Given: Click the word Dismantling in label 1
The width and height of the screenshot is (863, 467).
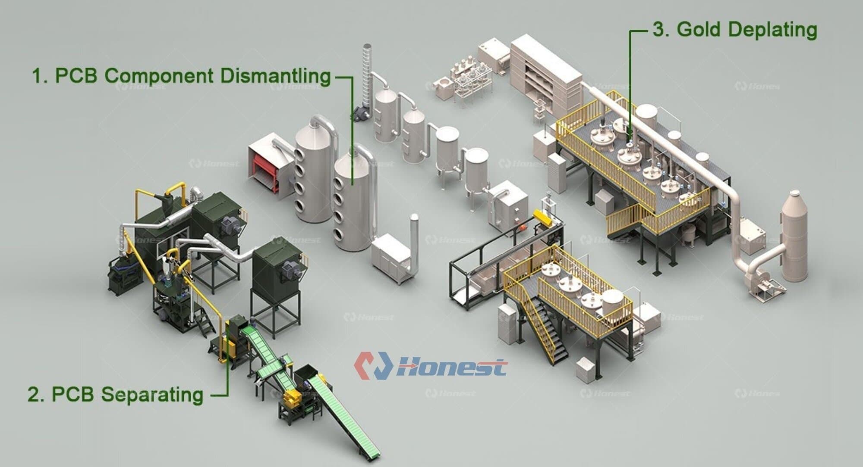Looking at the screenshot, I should coord(275,76).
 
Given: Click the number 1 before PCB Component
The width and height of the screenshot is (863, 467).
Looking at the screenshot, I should coord(38,76).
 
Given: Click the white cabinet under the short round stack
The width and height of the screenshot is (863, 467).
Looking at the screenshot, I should coord(391,257).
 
